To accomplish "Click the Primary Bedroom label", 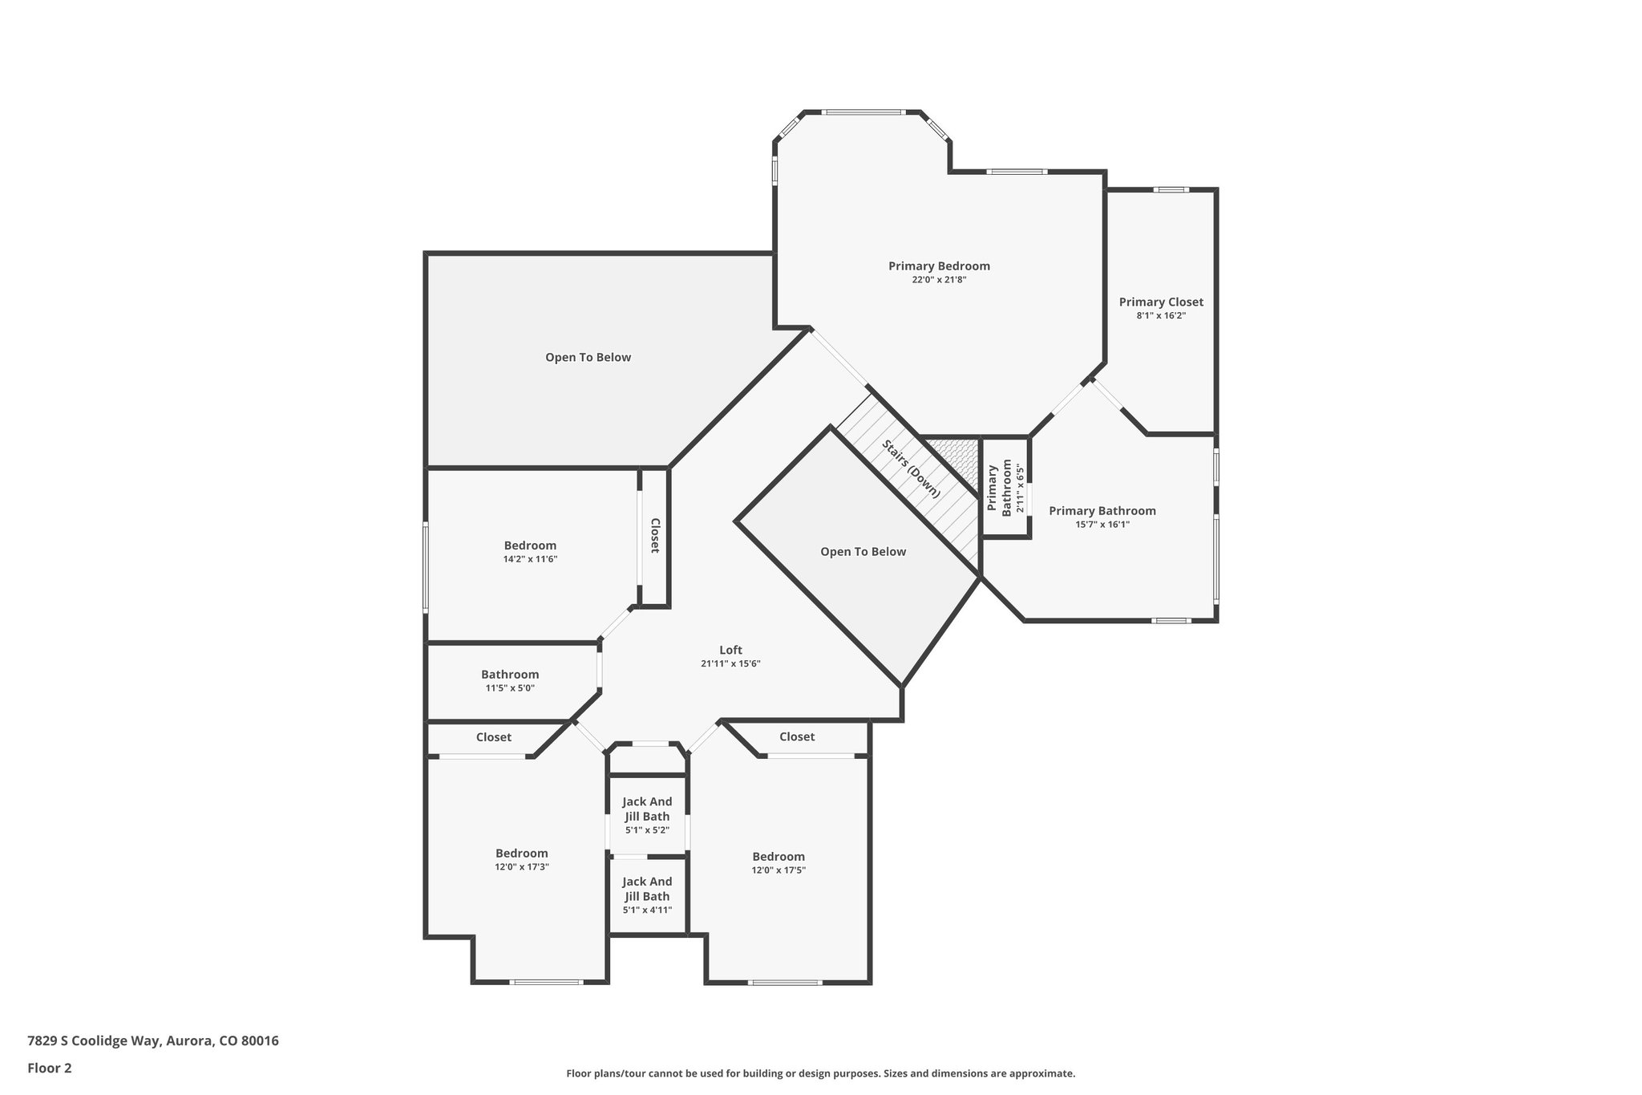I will pos(939,266).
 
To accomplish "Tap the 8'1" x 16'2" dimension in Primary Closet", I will pos(1161,316).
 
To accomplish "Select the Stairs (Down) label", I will pos(911,469).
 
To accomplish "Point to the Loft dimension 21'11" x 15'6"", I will pos(730,664).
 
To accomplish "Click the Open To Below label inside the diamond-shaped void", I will pos(863,552).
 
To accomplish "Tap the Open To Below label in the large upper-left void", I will pos(588,358).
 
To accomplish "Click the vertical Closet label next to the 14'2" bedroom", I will pos(654,535).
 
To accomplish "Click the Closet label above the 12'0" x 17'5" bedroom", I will pos(797,737).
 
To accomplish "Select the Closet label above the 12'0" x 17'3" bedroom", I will pos(493,737).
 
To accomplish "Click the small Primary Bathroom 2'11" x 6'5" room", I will pos(1005,488).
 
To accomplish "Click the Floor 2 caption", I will pos(50,1068).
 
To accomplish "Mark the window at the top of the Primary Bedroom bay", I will pos(863,112).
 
